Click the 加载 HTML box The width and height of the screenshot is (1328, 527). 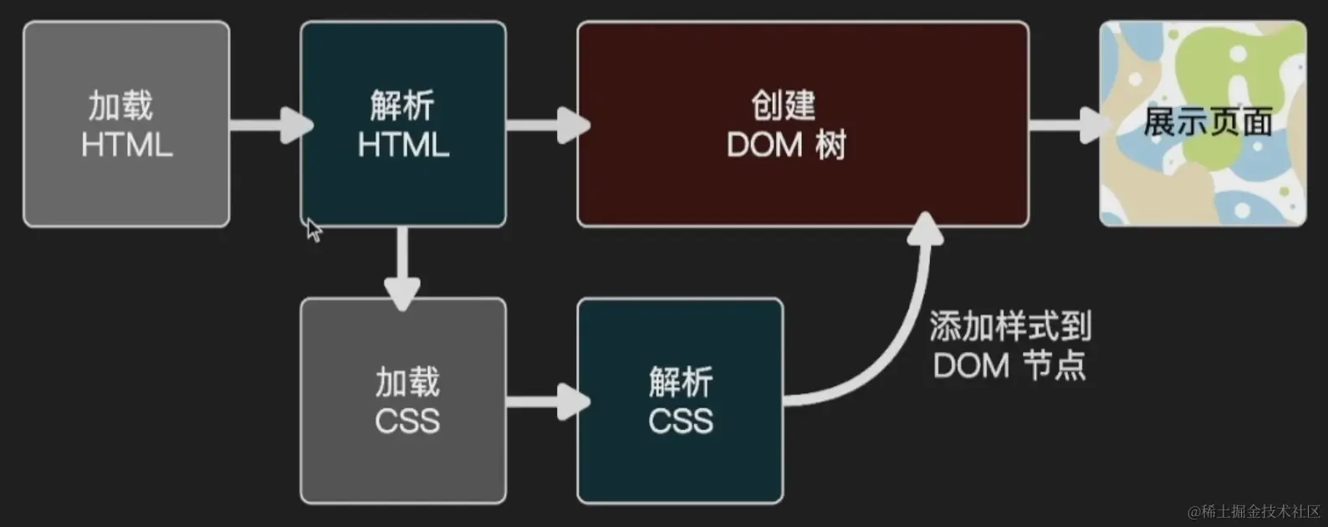pyautogui.click(x=126, y=124)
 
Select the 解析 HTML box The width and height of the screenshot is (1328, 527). pyautogui.click(x=403, y=124)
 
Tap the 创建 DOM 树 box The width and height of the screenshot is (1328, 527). pyautogui.click(x=803, y=124)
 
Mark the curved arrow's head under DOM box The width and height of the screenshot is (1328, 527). pyautogui.click(x=925, y=230)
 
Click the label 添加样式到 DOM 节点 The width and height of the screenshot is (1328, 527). pyautogui.click(x=1009, y=345)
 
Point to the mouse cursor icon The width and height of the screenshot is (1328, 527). pyautogui.click(x=313, y=230)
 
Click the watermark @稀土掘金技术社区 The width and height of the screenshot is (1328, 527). pyautogui.click(x=1254, y=511)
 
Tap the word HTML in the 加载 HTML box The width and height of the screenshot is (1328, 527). pyautogui.click(x=126, y=145)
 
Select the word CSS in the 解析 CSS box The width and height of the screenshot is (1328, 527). pyautogui.click(x=680, y=420)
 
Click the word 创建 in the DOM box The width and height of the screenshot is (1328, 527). pyautogui.click(x=783, y=105)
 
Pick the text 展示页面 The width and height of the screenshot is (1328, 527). pyautogui.click(x=1207, y=122)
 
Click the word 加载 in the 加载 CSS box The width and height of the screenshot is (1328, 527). pyautogui.click(x=406, y=382)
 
